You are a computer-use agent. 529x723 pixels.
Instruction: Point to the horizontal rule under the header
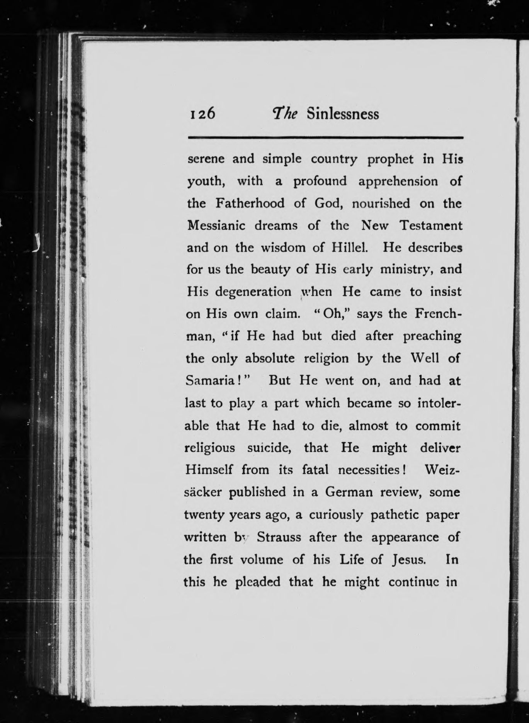(325, 137)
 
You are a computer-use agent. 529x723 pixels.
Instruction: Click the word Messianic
(216, 226)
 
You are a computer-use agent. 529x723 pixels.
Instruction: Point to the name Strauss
(279, 537)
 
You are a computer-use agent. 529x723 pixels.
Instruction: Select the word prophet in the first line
(390, 160)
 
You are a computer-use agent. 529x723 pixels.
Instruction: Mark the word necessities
(368, 470)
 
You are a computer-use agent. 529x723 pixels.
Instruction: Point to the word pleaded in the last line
(258, 582)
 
